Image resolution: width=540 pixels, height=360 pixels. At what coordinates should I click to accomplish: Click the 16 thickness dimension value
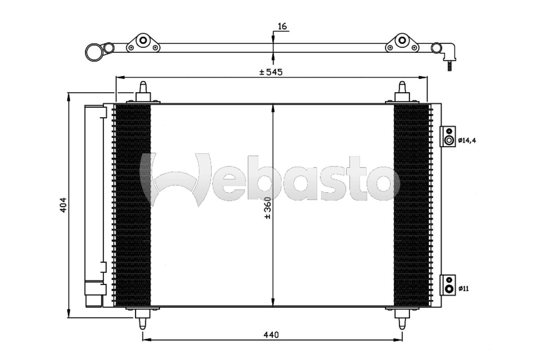point(282,26)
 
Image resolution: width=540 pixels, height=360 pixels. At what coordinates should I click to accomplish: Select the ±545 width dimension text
point(271,72)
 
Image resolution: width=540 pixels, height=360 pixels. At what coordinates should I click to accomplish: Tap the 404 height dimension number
point(63,205)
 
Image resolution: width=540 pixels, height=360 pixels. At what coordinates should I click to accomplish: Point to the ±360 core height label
point(268,208)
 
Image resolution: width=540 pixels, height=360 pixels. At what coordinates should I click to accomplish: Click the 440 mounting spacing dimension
point(271,335)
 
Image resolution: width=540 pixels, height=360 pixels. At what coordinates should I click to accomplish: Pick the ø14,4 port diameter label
point(467,140)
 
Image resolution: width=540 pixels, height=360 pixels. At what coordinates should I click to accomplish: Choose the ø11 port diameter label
point(463,289)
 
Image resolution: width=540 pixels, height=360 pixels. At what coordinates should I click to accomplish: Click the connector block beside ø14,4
point(448,136)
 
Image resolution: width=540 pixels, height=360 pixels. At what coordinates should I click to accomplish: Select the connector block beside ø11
point(448,285)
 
